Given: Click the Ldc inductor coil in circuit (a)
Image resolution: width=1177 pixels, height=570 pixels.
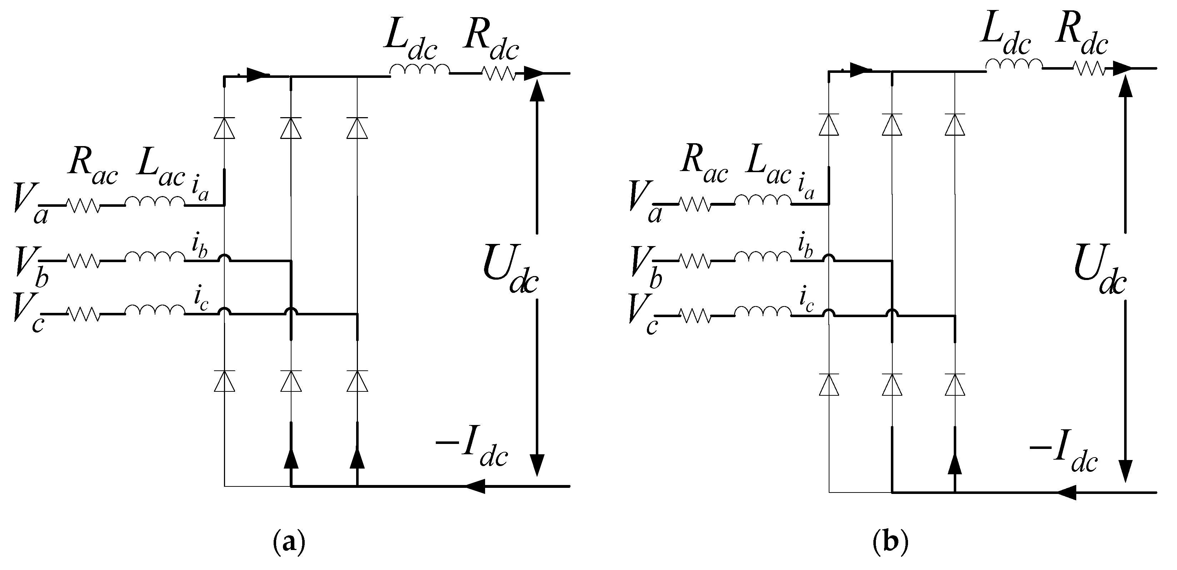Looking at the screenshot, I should (x=419, y=69).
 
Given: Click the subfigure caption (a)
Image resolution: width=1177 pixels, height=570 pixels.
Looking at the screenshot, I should (x=289, y=543).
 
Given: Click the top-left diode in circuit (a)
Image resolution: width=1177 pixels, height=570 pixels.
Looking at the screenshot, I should (x=224, y=127).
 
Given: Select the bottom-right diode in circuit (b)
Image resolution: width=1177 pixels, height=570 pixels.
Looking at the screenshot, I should (x=955, y=384).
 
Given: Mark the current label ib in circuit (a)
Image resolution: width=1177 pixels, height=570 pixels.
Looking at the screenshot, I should (x=200, y=247).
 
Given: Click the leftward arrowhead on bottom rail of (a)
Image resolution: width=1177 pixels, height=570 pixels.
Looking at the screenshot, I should (x=475, y=486).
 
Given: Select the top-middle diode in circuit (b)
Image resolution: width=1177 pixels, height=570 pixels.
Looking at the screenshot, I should (x=892, y=124).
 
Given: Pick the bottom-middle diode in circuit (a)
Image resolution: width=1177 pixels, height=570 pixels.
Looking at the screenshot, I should (x=291, y=381).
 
